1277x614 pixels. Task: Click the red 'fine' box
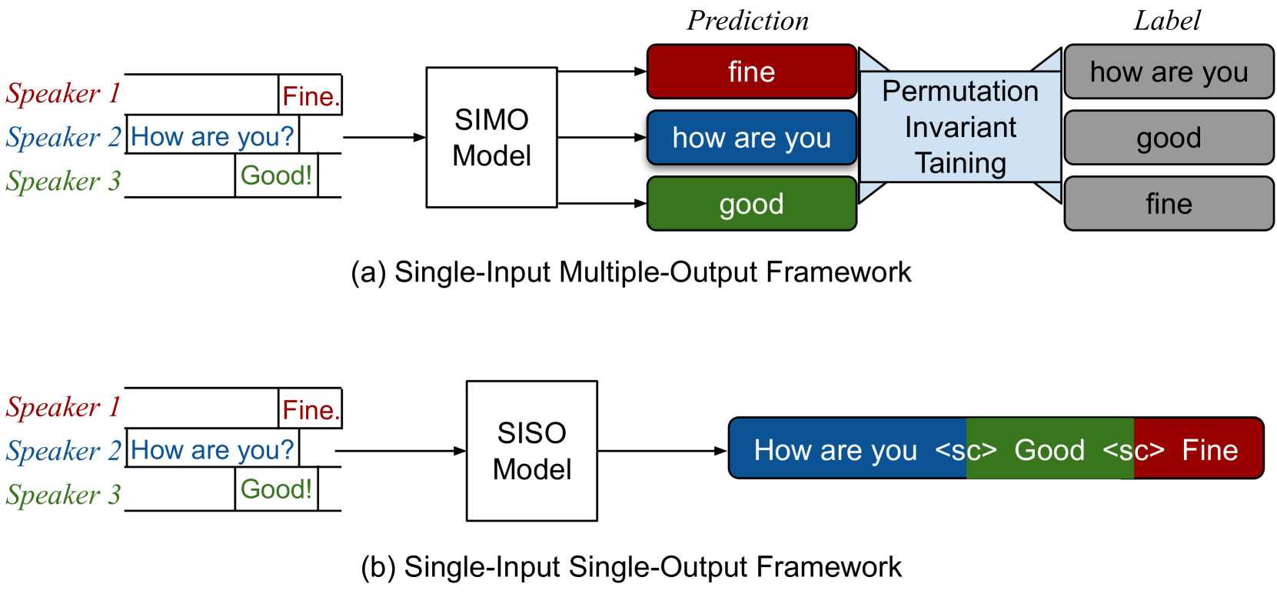pos(751,72)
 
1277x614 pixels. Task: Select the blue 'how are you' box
pos(751,138)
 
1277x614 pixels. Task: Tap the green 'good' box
pos(751,204)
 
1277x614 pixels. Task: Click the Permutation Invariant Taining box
pos(960,127)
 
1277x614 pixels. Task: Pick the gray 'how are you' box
pos(1169,72)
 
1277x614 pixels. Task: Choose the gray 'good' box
pos(1169,138)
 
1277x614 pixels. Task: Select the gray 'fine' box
pos(1169,204)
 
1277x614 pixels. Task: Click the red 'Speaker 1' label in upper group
pos(63,94)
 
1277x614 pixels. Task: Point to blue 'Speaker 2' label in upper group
pos(63,138)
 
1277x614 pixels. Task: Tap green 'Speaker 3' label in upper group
pos(63,182)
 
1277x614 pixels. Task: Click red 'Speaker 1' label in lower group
pos(63,407)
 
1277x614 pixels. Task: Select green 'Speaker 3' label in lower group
pos(63,495)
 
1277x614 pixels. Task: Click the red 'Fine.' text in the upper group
pos(311,97)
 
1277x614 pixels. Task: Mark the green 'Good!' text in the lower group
pos(276,489)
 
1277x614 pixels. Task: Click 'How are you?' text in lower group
pos(212,450)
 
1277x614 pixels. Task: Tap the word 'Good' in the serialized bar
pos(1049,450)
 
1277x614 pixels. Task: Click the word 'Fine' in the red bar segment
pos(1209,450)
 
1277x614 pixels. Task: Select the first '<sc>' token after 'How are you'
pos(966,450)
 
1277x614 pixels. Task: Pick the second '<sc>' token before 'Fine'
pos(1133,450)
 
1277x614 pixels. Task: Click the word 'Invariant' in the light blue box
pos(960,127)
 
